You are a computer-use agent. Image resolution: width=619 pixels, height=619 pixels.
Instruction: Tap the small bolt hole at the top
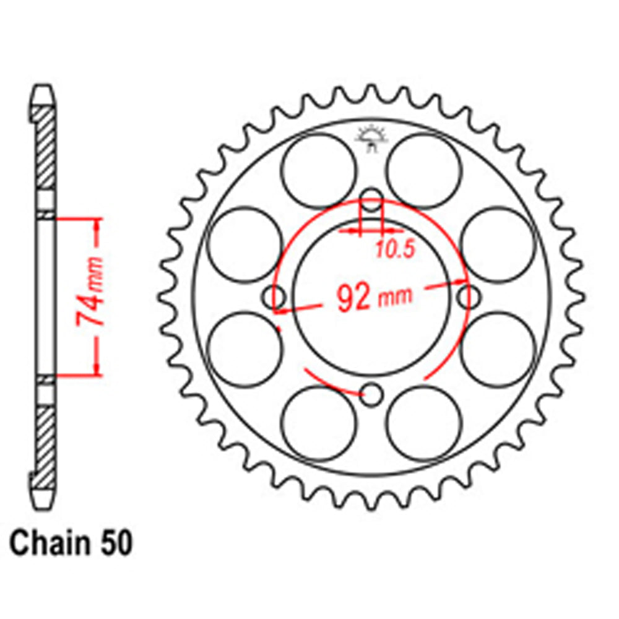click(371, 200)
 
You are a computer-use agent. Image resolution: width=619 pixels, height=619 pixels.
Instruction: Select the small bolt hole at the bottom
click(371, 394)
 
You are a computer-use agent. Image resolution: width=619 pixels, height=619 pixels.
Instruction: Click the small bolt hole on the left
click(274, 298)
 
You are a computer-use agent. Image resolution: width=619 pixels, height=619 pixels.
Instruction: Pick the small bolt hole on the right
click(469, 297)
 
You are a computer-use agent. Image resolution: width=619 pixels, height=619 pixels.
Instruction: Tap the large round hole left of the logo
click(319, 171)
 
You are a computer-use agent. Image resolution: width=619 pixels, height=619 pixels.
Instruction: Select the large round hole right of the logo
click(425, 171)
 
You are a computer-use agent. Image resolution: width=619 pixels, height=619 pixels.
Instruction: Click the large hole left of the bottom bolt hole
click(319, 423)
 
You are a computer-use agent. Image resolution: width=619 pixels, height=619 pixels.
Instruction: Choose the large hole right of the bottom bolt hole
click(425, 423)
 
